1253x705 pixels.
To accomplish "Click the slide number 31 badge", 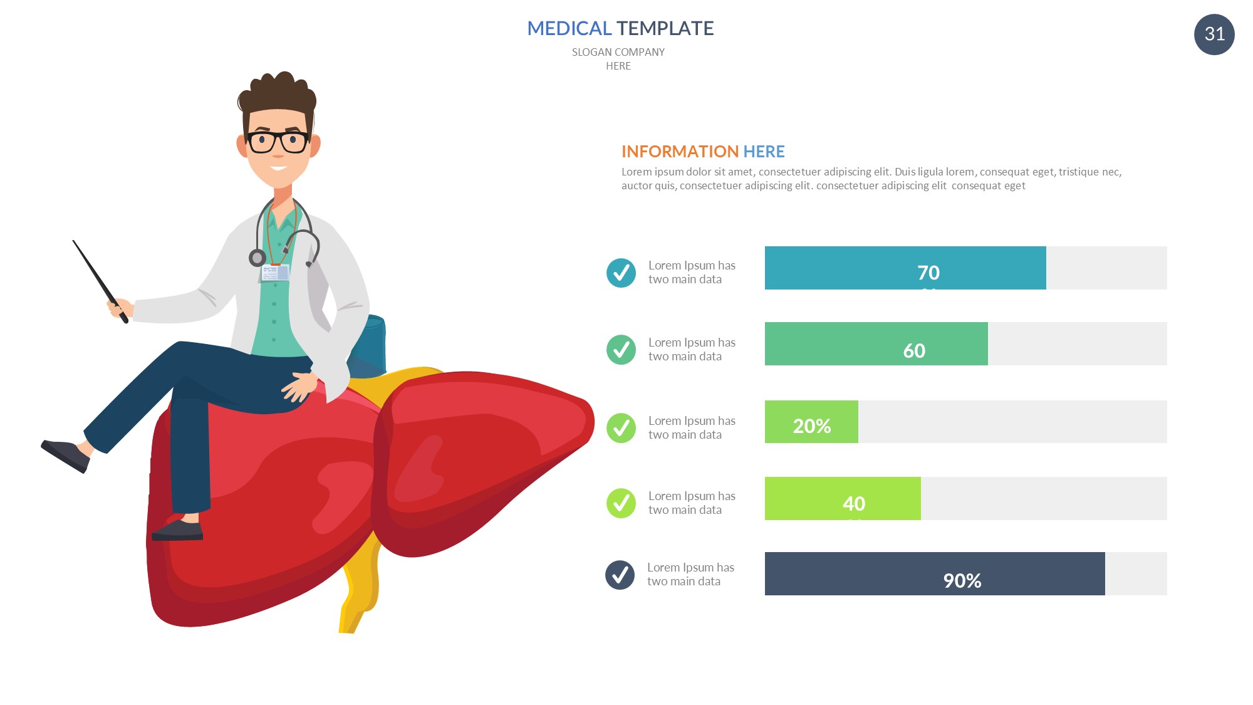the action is [x=1214, y=34].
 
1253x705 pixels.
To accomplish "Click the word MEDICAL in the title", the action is [x=569, y=28].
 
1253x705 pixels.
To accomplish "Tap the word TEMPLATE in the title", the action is [x=665, y=28].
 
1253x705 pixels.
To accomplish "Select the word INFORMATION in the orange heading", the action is [x=680, y=152].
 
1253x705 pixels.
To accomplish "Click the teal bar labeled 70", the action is [x=905, y=268].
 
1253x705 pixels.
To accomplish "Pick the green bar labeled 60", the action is [x=876, y=343].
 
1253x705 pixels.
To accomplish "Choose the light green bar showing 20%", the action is [x=811, y=422].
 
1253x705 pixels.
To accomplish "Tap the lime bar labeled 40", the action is [x=843, y=498].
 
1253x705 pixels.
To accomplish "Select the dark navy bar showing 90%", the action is [x=935, y=573].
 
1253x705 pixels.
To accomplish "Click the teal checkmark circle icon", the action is [x=621, y=273].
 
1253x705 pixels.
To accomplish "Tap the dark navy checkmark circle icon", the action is [x=620, y=575].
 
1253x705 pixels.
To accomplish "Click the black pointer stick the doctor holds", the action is [x=100, y=281].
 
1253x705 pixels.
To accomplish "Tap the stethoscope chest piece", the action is [x=257, y=258].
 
